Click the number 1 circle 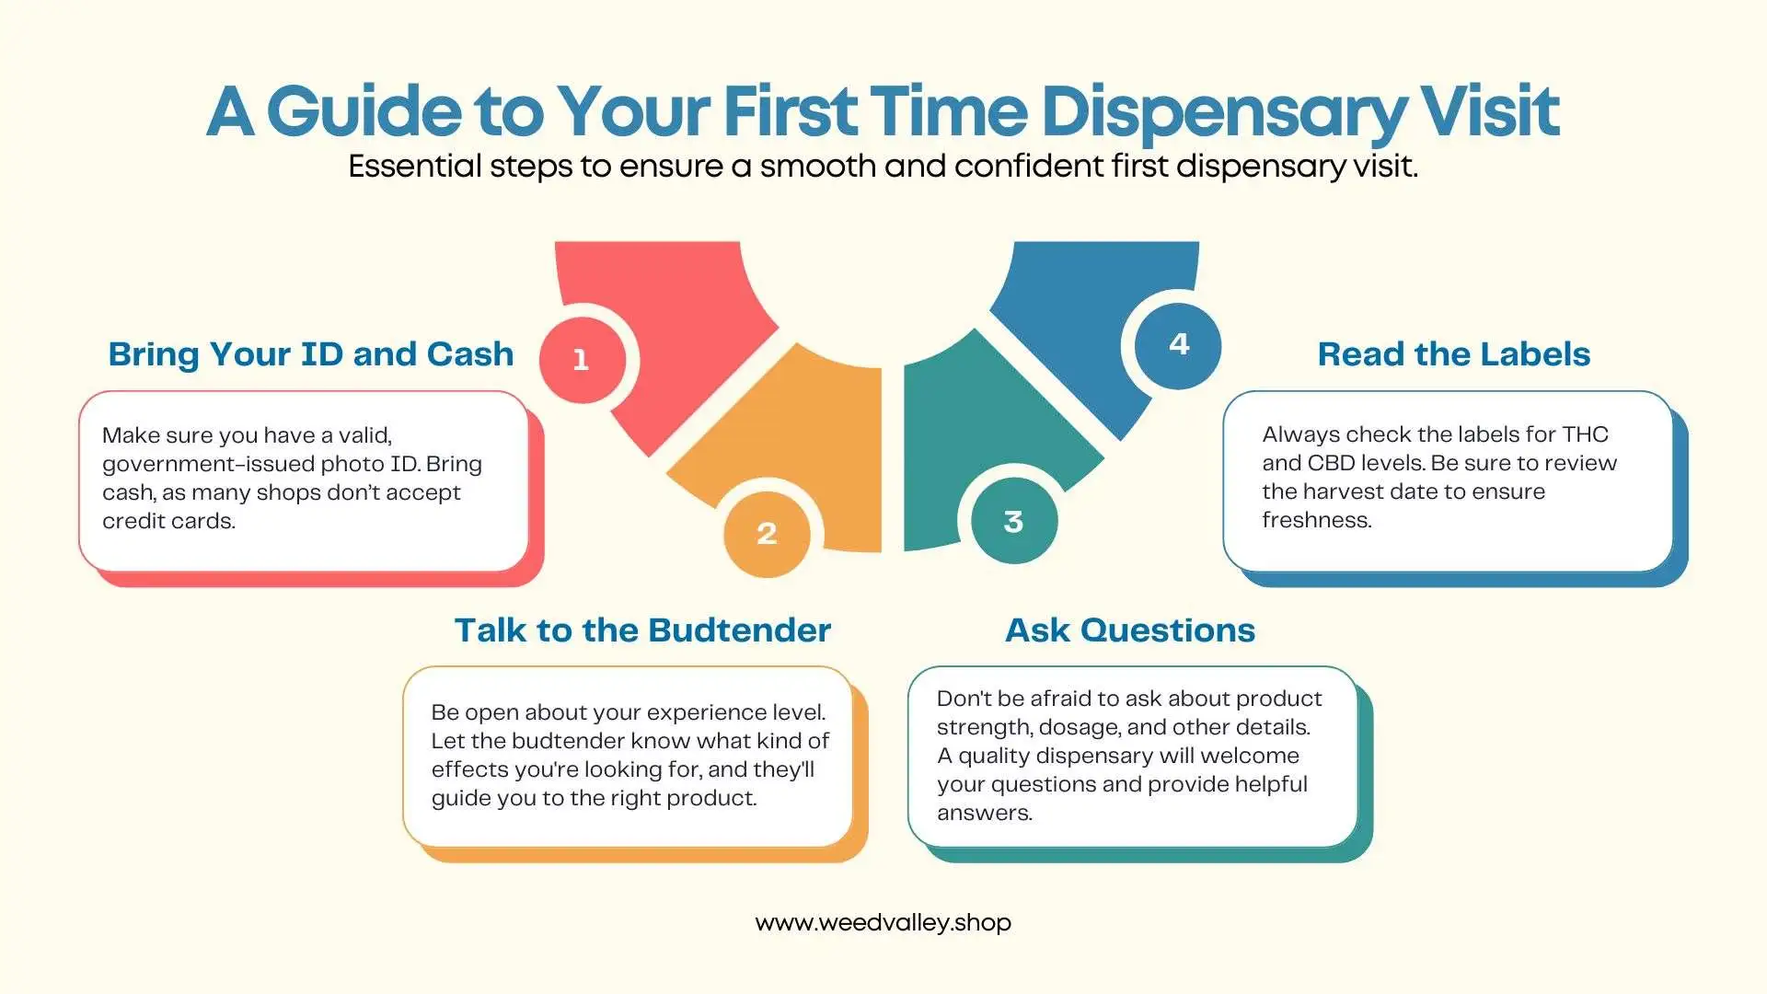pyautogui.click(x=582, y=360)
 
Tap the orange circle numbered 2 pyautogui.click(x=767, y=534)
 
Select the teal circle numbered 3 pyautogui.click(x=1013, y=522)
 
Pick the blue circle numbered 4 pyautogui.click(x=1178, y=345)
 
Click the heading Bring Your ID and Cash pyautogui.click(x=310, y=354)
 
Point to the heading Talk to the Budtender pyautogui.click(x=642, y=630)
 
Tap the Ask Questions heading pyautogui.click(x=1129, y=630)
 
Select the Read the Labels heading pyautogui.click(x=1453, y=354)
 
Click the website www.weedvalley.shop pyautogui.click(x=883, y=922)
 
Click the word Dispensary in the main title pyautogui.click(x=1223, y=113)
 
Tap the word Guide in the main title pyautogui.click(x=364, y=111)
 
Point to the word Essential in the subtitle pyautogui.click(x=415, y=167)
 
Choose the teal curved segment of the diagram pyautogui.click(x=976, y=423)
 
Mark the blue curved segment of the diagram pyautogui.click(x=1086, y=304)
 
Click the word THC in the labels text pyautogui.click(x=1585, y=434)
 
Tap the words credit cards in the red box pyautogui.click(x=168, y=521)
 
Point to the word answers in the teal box pyautogui.click(x=984, y=813)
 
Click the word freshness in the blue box pyautogui.click(x=1316, y=520)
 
